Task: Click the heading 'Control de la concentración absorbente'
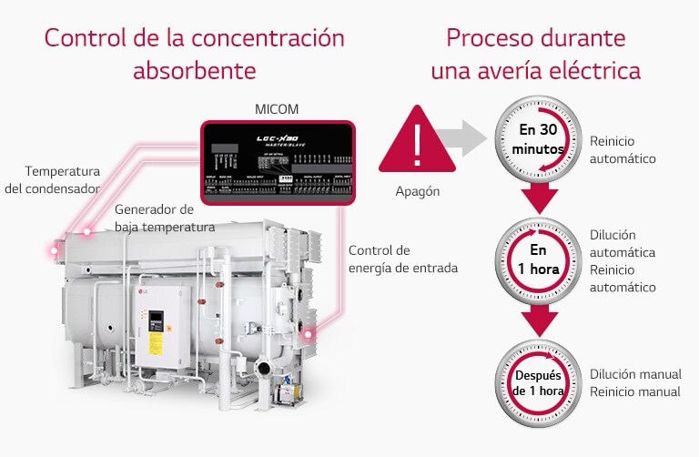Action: (x=194, y=55)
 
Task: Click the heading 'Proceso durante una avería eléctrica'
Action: (x=536, y=55)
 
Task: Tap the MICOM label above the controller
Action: (x=277, y=110)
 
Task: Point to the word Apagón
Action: (x=418, y=192)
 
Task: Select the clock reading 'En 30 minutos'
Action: (x=538, y=137)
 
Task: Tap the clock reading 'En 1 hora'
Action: (x=538, y=258)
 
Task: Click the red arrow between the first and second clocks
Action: (x=539, y=199)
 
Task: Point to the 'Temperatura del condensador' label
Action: (x=63, y=180)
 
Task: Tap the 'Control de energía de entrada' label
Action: (x=402, y=259)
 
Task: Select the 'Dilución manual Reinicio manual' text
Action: (x=634, y=382)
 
